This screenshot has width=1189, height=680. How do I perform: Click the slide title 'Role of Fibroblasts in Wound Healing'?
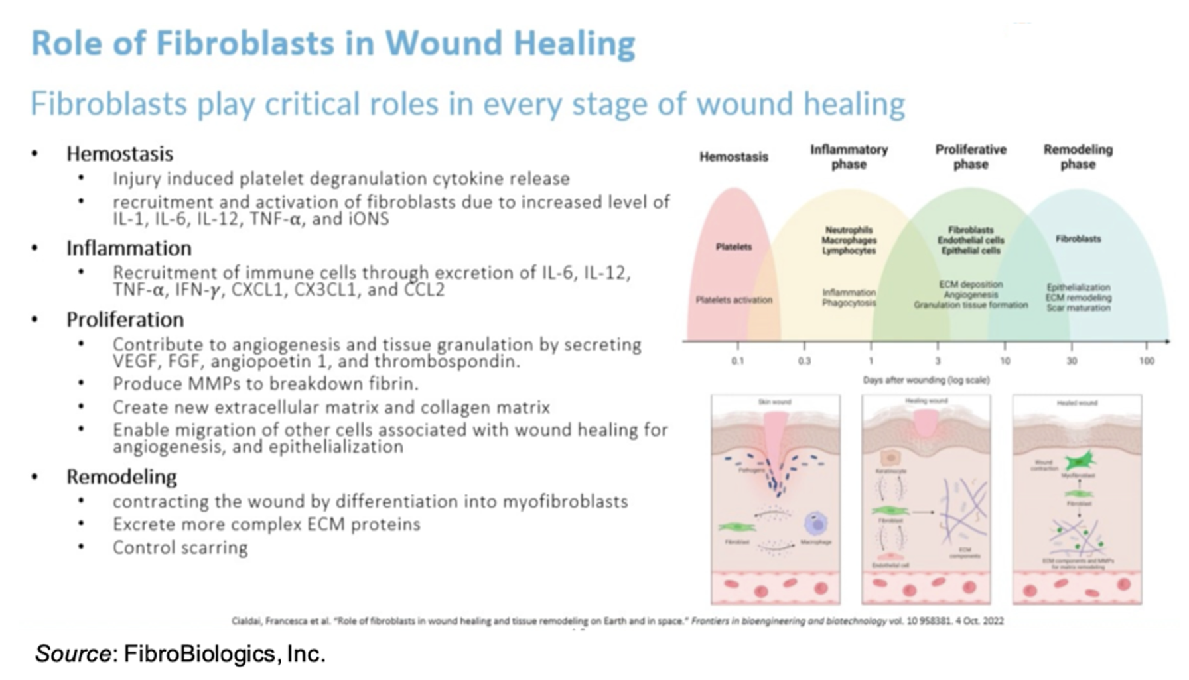(333, 44)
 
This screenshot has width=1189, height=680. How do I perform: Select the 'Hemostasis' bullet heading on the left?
(119, 154)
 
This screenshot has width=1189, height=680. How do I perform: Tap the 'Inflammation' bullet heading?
(129, 249)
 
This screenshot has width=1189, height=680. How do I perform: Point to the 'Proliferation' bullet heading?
(125, 320)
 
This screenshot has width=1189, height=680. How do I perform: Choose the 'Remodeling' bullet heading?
(121, 477)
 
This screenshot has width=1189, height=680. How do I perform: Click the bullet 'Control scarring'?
(180, 548)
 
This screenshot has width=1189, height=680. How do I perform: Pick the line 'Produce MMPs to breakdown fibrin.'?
(265, 384)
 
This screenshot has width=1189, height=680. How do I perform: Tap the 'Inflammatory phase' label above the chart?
(849, 157)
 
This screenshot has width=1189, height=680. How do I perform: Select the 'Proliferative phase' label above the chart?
(971, 157)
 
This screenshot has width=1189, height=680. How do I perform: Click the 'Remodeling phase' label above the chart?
(1078, 157)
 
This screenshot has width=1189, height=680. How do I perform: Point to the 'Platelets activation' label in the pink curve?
(734, 300)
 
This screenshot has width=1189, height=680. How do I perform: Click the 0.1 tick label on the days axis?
(738, 361)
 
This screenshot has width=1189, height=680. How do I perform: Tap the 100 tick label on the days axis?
(1147, 361)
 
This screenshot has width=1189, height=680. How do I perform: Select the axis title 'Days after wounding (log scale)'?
(926, 380)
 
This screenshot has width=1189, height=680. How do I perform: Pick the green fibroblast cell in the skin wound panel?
(737, 528)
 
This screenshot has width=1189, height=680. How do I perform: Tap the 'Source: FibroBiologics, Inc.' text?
(180, 654)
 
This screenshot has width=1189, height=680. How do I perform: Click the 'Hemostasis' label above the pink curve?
(734, 157)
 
